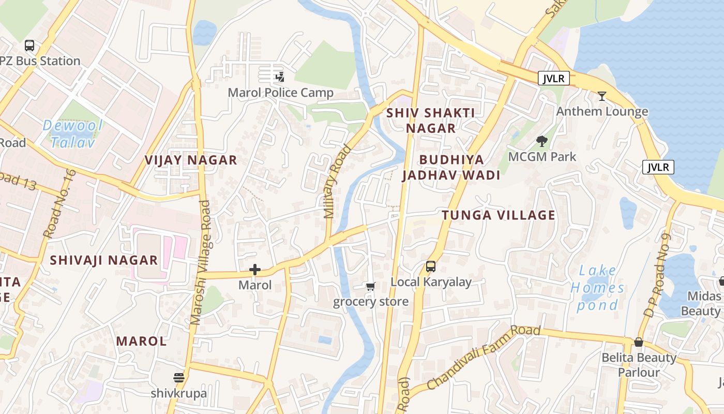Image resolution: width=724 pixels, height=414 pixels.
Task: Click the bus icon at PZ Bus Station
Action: [29, 46]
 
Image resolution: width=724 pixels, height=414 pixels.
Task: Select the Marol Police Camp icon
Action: [280, 78]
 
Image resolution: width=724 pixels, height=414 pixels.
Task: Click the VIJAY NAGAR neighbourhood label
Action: [191, 160]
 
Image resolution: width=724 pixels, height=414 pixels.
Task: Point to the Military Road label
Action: [337, 181]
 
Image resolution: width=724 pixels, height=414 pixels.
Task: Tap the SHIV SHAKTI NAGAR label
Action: [431, 120]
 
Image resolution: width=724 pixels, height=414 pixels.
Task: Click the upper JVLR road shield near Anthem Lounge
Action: [554, 79]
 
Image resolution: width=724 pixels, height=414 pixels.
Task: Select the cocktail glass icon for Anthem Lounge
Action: [602, 96]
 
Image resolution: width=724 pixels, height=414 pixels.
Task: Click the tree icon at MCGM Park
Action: [542, 141]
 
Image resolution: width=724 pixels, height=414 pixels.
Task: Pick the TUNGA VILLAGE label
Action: [499, 215]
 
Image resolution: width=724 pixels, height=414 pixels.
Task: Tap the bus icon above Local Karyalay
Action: [431, 267]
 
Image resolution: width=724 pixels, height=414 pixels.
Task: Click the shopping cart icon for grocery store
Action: [370, 286]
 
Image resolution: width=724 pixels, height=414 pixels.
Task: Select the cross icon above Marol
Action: [254, 270]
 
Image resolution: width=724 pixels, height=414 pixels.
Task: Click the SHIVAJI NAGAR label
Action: [103, 260]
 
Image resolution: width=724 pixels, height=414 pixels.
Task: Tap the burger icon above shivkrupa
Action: [179, 378]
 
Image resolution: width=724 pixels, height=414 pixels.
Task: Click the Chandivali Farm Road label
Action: [484, 358]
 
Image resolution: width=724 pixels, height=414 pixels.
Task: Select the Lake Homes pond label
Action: [597, 287]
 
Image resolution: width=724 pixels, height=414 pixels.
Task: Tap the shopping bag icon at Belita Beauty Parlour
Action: [639, 343]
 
